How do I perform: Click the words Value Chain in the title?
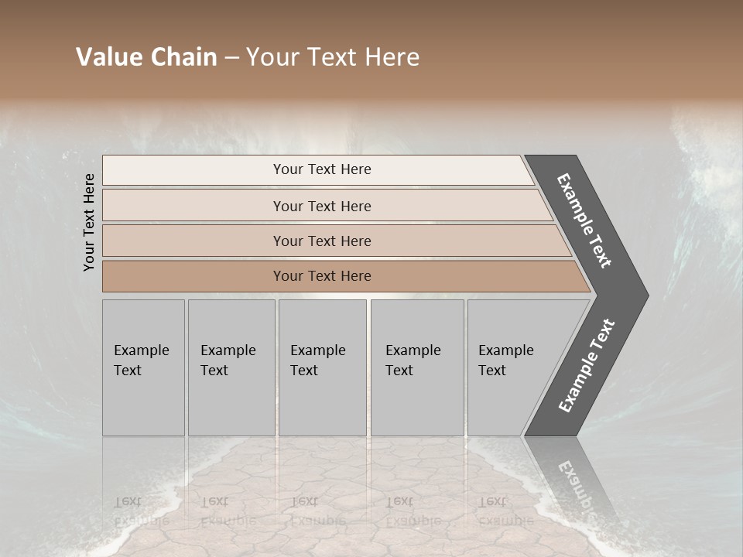pyautogui.click(x=146, y=57)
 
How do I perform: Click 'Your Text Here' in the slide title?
pyautogui.click(x=333, y=57)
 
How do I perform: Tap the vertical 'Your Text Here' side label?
pyautogui.click(x=89, y=222)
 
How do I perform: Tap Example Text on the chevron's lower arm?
pyautogui.click(x=587, y=366)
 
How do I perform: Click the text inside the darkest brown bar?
pyautogui.click(x=322, y=276)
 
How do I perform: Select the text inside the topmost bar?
pyautogui.click(x=322, y=169)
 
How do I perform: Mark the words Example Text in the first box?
pyautogui.click(x=141, y=361)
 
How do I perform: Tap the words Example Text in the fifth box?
pyautogui.click(x=505, y=361)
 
